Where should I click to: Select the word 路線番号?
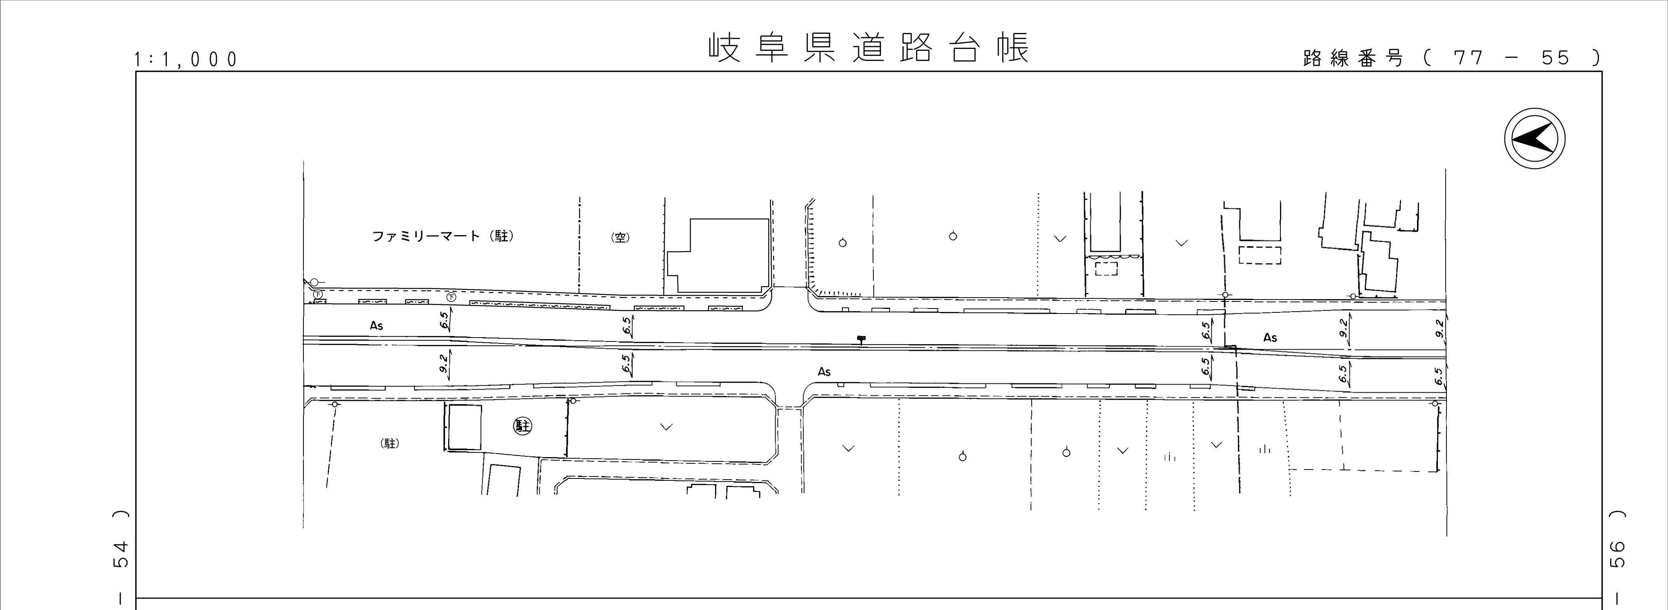1353,58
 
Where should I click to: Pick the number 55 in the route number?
1555,58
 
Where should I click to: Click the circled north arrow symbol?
1535,139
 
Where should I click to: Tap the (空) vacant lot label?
620,237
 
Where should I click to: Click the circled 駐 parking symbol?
522,426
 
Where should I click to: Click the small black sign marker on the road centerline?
861,339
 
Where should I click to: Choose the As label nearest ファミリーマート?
376,326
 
